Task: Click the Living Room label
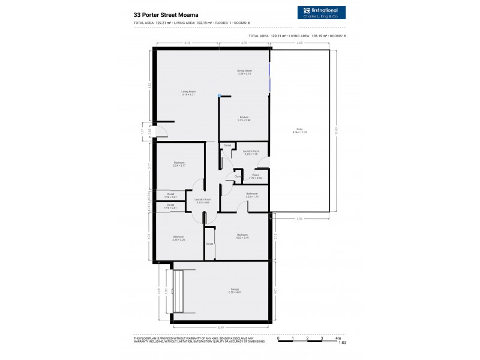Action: (189, 93)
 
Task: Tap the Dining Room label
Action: (244, 71)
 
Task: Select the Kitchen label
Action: (244, 119)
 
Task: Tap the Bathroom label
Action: (252, 194)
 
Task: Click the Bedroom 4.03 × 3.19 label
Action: (242, 235)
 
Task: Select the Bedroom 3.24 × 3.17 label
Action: (179, 164)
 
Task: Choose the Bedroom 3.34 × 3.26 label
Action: (179, 238)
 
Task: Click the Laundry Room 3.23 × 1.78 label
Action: (251, 152)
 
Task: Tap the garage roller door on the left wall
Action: (176, 291)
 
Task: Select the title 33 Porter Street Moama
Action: (163, 14)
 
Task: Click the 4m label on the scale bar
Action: (338, 338)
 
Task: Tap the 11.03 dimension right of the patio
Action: (337, 130)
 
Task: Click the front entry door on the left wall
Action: (150, 132)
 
